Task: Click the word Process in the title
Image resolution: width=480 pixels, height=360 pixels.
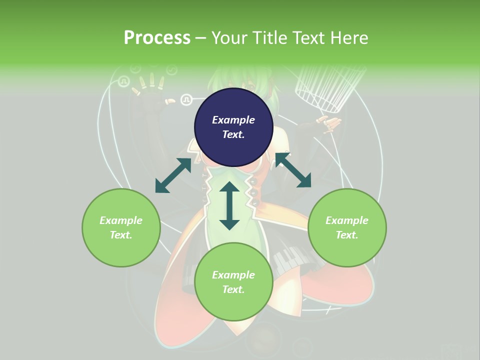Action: pos(157,38)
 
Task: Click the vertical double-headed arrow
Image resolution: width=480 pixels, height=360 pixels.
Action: pos(229,205)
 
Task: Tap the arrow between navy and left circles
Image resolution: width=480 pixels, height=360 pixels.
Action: pos(173,175)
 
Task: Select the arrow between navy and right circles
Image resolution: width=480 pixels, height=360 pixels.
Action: pos(293,170)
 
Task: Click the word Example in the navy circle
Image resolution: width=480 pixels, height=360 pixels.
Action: pos(233,120)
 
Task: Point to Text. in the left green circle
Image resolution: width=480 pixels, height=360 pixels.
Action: pos(121,235)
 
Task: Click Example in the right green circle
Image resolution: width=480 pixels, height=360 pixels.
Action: pos(347,220)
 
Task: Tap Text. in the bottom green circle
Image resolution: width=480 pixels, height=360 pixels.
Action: pos(233,289)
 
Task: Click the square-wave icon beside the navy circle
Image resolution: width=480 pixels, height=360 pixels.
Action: pos(186,100)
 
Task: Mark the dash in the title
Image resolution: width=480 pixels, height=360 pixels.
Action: pos(200,38)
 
